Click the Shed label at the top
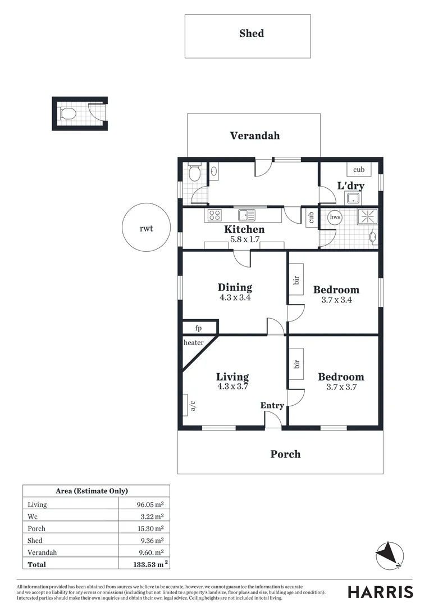[251, 34]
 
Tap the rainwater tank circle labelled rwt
[146, 228]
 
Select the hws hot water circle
[335, 217]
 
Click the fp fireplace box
[198, 328]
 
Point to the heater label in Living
[193, 342]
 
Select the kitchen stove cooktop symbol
[214, 215]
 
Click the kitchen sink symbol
[247, 215]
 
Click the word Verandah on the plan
[254, 135]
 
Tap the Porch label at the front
[285, 454]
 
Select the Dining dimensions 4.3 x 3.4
[235, 298]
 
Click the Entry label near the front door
[272, 406]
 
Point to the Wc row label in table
[33, 517]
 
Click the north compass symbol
[389, 554]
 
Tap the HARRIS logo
[380, 592]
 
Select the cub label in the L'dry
[358, 169]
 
